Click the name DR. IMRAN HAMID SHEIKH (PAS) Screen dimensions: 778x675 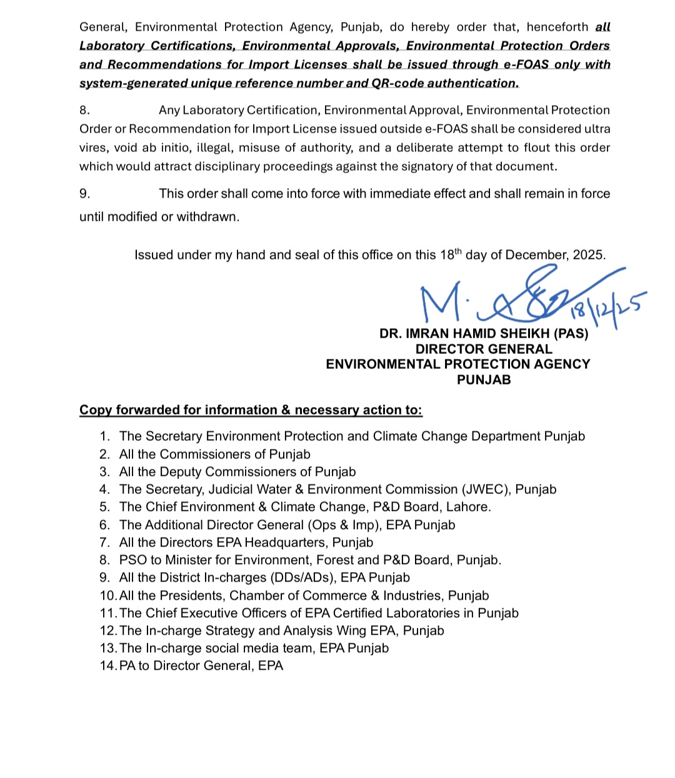point(484,334)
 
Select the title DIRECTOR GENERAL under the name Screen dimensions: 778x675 point(484,349)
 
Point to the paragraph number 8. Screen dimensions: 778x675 point(84,110)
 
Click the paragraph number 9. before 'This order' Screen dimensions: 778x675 point(84,194)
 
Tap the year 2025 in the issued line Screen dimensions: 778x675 point(589,255)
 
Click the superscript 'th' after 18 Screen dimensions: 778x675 point(458,251)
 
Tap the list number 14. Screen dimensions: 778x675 point(107,666)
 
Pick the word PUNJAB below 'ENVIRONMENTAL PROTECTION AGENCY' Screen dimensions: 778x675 point(484,380)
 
